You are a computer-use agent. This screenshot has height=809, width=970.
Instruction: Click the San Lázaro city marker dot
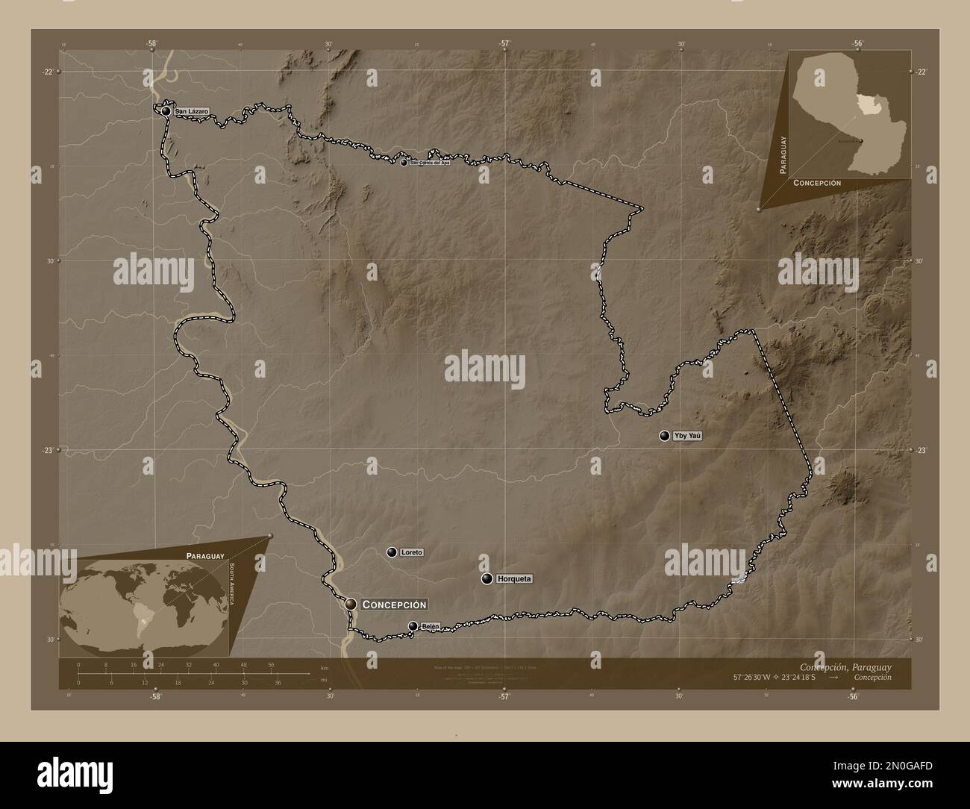pyautogui.click(x=166, y=111)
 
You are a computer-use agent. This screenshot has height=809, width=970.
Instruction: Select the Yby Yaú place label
pyautogui.click(x=689, y=436)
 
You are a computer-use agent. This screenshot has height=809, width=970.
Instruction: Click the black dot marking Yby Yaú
pyautogui.click(x=664, y=436)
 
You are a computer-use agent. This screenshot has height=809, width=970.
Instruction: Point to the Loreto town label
pyautogui.click(x=411, y=552)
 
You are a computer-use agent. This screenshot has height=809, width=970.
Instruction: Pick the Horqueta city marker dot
pyautogui.click(x=486, y=578)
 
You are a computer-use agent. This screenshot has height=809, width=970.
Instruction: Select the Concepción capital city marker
pyautogui.click(x=351, y=603)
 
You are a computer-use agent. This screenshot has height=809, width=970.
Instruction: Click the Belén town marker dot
pyautogui.click(x=413, y=626)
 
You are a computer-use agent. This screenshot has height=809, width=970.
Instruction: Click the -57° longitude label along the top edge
pyautogui.click(x=504, y=44)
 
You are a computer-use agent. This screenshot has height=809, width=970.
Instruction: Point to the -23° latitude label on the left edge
pyautogui.click(x=48, y=450)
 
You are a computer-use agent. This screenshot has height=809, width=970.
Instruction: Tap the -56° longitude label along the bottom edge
pyautogui.click(x=853, y=696)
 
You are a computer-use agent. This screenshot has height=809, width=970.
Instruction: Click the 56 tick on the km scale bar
pyautogui.click(x=270, y=664)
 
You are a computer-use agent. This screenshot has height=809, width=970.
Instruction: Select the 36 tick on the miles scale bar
pyautogui.click(x=277, y=682)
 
